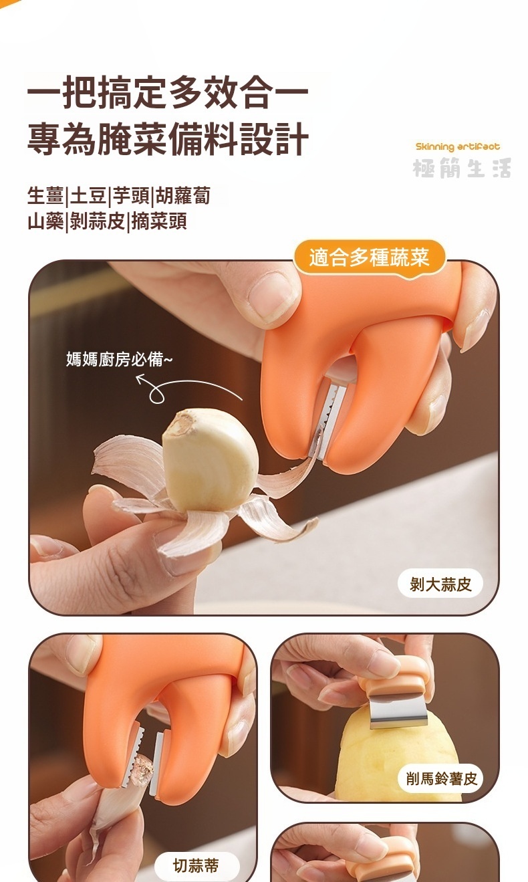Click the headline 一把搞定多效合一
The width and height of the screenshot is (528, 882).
point(168,92)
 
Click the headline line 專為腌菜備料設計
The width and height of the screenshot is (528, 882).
point(168,139)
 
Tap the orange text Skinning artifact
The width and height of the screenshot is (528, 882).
point(458,147)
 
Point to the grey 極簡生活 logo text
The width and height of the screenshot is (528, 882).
point(462,168)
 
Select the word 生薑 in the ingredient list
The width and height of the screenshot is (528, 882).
point(45,196)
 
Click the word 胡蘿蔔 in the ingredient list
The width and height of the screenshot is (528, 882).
point(183,196)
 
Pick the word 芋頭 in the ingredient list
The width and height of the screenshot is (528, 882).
point(130,196)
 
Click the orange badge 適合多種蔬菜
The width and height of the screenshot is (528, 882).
point(369,258)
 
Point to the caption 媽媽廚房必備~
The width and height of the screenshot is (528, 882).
point(119,359)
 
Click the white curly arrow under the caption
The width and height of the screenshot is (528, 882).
point(185,388)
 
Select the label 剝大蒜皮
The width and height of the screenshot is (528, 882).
point(440,584)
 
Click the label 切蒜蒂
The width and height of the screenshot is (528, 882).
point(196,865)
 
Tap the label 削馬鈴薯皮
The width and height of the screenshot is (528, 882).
point(441,778)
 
